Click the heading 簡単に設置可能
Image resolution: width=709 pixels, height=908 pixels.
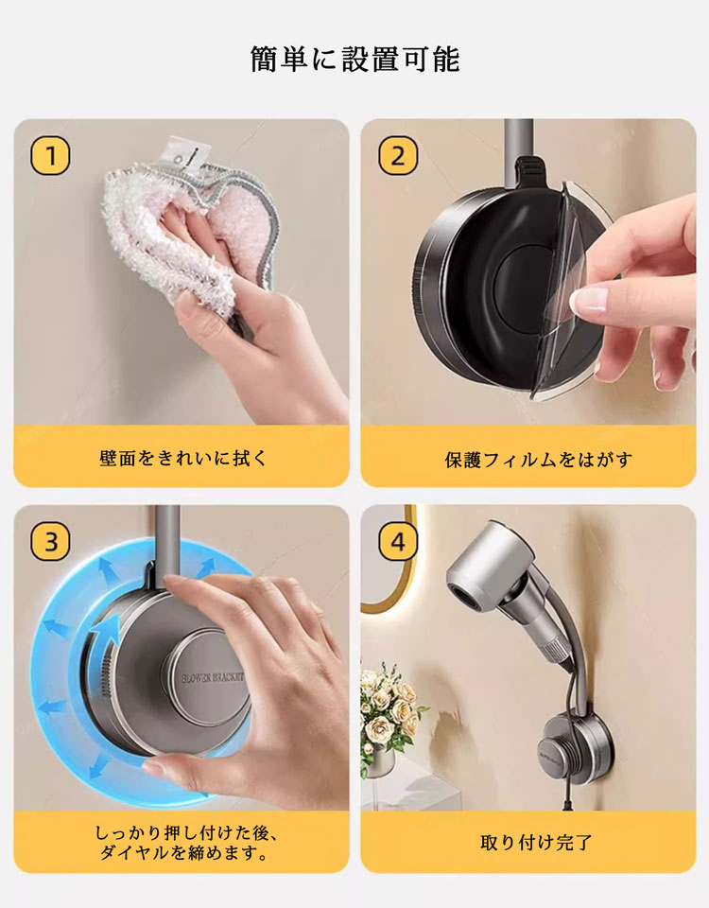tap(354, 59)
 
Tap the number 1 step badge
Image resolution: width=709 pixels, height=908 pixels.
tap(50, 156)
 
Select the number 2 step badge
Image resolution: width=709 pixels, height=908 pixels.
tap(398, 156)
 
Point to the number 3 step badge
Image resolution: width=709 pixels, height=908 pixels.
tap(50, 542)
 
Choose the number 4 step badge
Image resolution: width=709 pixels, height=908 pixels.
tap(398, 542)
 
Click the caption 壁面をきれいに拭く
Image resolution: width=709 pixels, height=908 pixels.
tap(182, 458)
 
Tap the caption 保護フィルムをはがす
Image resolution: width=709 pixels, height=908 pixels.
tap(538, 460)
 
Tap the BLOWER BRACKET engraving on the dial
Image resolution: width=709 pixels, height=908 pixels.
tap(213, 678)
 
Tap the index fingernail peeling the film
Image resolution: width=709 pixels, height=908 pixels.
tap(588, 301)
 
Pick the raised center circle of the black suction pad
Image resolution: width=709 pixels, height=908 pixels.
tap(523, 288)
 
